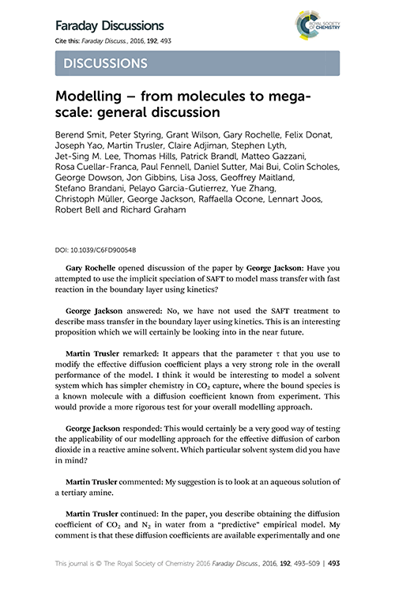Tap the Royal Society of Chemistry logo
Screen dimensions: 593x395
312,25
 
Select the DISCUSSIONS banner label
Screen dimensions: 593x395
103,62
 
